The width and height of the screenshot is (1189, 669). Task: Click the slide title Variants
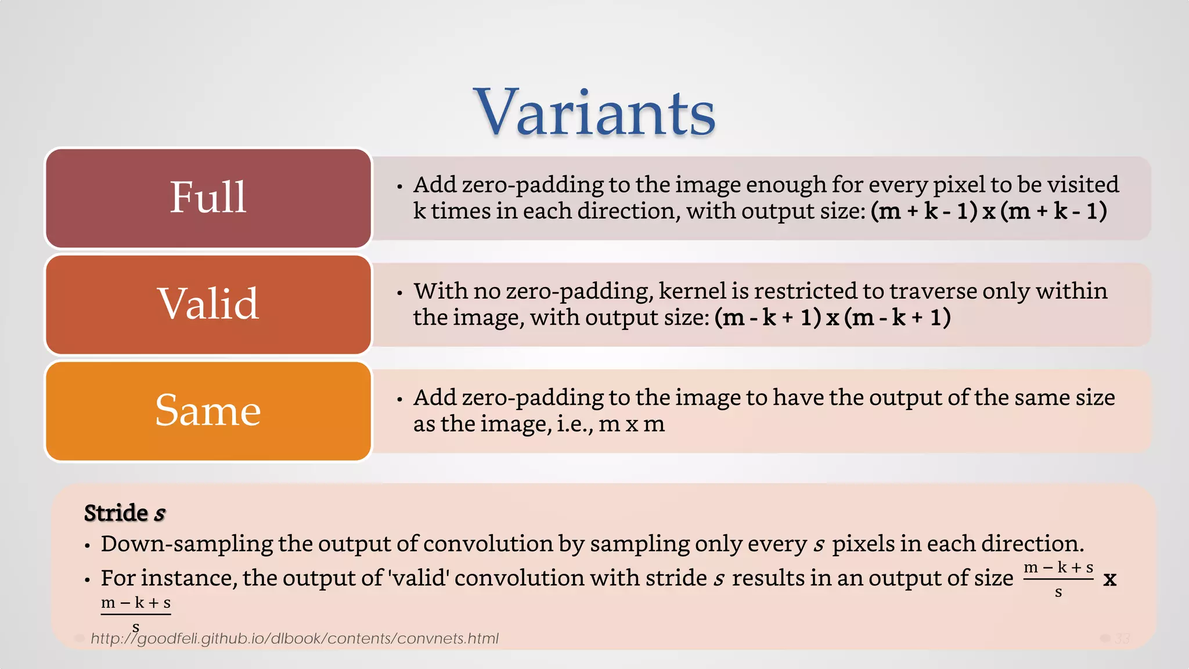[x=594, y=113]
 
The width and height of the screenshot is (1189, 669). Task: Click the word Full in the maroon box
[x=208, y=197]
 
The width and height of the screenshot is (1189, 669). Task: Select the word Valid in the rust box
[x=208, y=304]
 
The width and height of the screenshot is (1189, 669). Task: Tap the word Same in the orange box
[x=208, y=411]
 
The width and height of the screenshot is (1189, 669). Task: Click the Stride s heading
[x=124, y=513]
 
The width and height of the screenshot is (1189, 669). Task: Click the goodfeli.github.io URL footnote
[x=294, y=639]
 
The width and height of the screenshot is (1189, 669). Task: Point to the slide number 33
[x=1122, y=639]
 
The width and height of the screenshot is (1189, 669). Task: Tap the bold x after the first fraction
[x=1109, y=579]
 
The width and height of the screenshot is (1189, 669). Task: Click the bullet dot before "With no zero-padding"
[x=399, y=293]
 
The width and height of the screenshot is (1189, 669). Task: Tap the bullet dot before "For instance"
[x=87, y=580]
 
